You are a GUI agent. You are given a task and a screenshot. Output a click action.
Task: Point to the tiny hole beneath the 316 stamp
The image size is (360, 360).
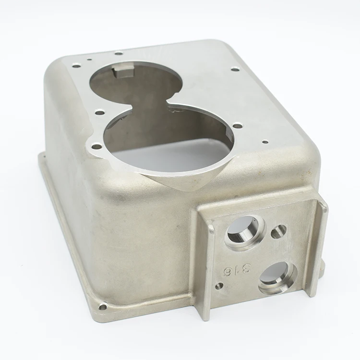(x=219, y=286)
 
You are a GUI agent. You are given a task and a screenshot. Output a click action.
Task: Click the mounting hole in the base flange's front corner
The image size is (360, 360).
(x=102, y=306)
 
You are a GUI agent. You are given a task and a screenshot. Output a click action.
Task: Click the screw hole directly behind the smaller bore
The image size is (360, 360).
(x=119, y=52)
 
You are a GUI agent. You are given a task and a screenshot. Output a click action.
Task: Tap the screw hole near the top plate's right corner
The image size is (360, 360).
(x=235, y=69)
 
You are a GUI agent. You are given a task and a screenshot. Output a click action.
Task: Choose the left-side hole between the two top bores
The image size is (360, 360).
(x=99, y=112)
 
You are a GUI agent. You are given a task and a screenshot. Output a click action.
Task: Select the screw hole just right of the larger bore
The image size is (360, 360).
(x=238, y=126)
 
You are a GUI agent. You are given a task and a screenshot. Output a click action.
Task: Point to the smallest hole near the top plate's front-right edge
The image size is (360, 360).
(x=264, y=142)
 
